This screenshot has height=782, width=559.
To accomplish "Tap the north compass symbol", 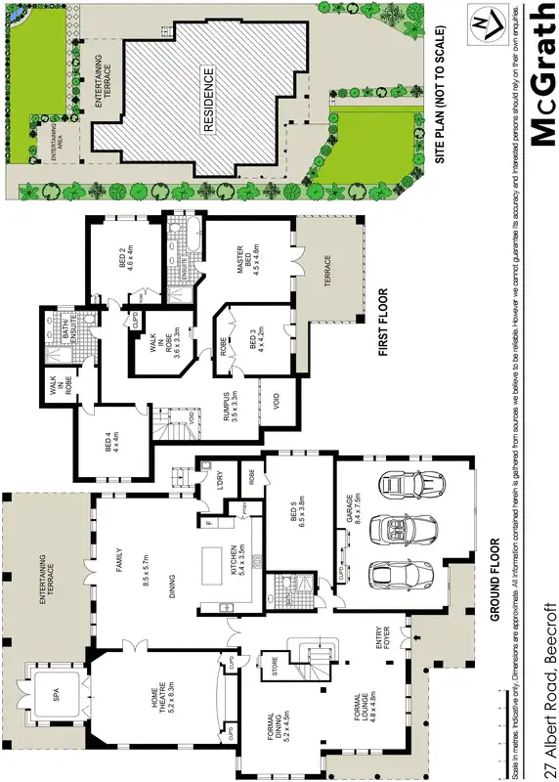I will pos(481,27).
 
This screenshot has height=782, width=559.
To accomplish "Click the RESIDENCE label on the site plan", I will pos(207,100).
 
